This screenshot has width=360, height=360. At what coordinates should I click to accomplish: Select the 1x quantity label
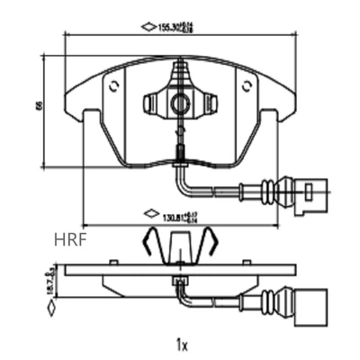click(x=182, y=344)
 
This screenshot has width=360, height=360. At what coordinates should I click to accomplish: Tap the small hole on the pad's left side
click(x=113, y=87)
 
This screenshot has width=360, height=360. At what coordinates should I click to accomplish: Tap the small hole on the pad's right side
click(x=247, y=87)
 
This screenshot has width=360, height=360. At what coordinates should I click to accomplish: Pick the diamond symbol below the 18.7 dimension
click(x=52, y=308)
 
